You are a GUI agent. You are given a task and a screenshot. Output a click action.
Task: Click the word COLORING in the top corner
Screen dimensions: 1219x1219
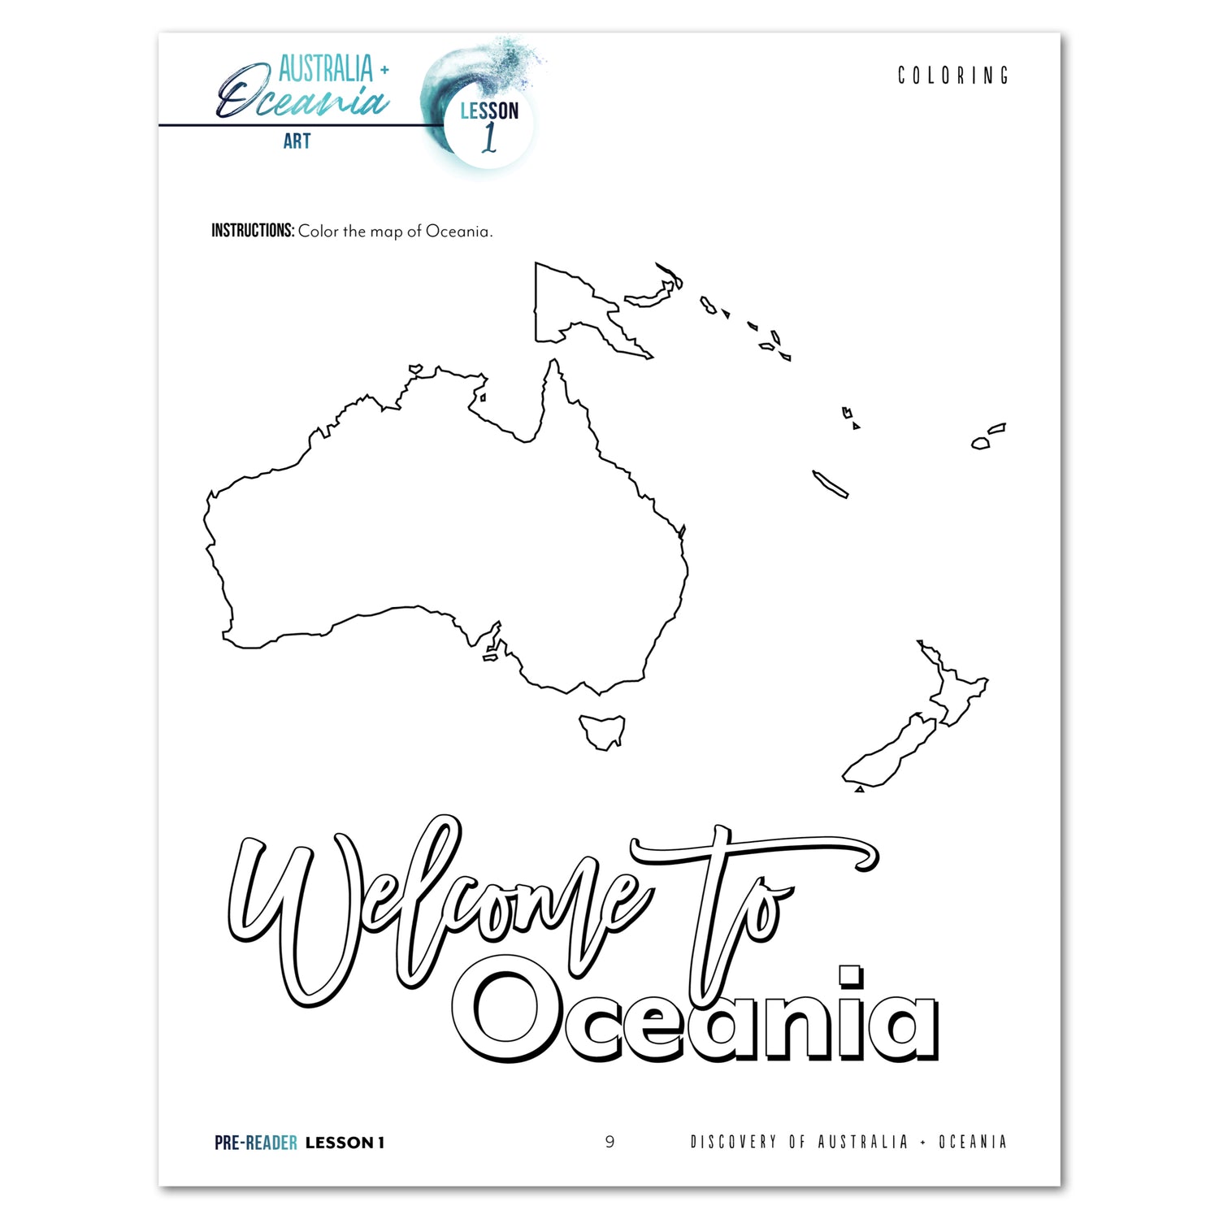tap(952, 76)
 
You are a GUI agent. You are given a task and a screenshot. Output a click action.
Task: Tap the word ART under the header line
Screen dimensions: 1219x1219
tap(297, 141)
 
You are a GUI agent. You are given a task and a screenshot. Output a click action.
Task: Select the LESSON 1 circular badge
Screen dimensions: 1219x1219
tap(488, 124)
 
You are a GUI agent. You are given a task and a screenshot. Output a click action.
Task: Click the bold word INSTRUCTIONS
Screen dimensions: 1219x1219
tap(252, 231)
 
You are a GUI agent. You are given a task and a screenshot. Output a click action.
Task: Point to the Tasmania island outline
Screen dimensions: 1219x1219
tap(602, 730)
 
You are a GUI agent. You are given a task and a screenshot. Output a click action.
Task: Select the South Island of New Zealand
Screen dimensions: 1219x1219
tap(890, 752)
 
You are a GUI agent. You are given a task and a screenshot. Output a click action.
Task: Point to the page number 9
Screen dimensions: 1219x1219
tap(609, 1142)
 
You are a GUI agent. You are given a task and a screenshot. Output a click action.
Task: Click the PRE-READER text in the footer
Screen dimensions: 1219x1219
tap(255, 1143)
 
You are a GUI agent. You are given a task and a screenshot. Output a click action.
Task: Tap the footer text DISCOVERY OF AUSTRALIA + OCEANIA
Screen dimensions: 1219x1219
tap(848, 1142)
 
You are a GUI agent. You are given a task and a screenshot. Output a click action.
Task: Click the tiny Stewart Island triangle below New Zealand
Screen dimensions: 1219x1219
tap(859, 788)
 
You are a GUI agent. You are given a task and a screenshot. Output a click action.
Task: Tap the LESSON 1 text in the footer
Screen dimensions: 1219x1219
tap(345, 1143)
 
